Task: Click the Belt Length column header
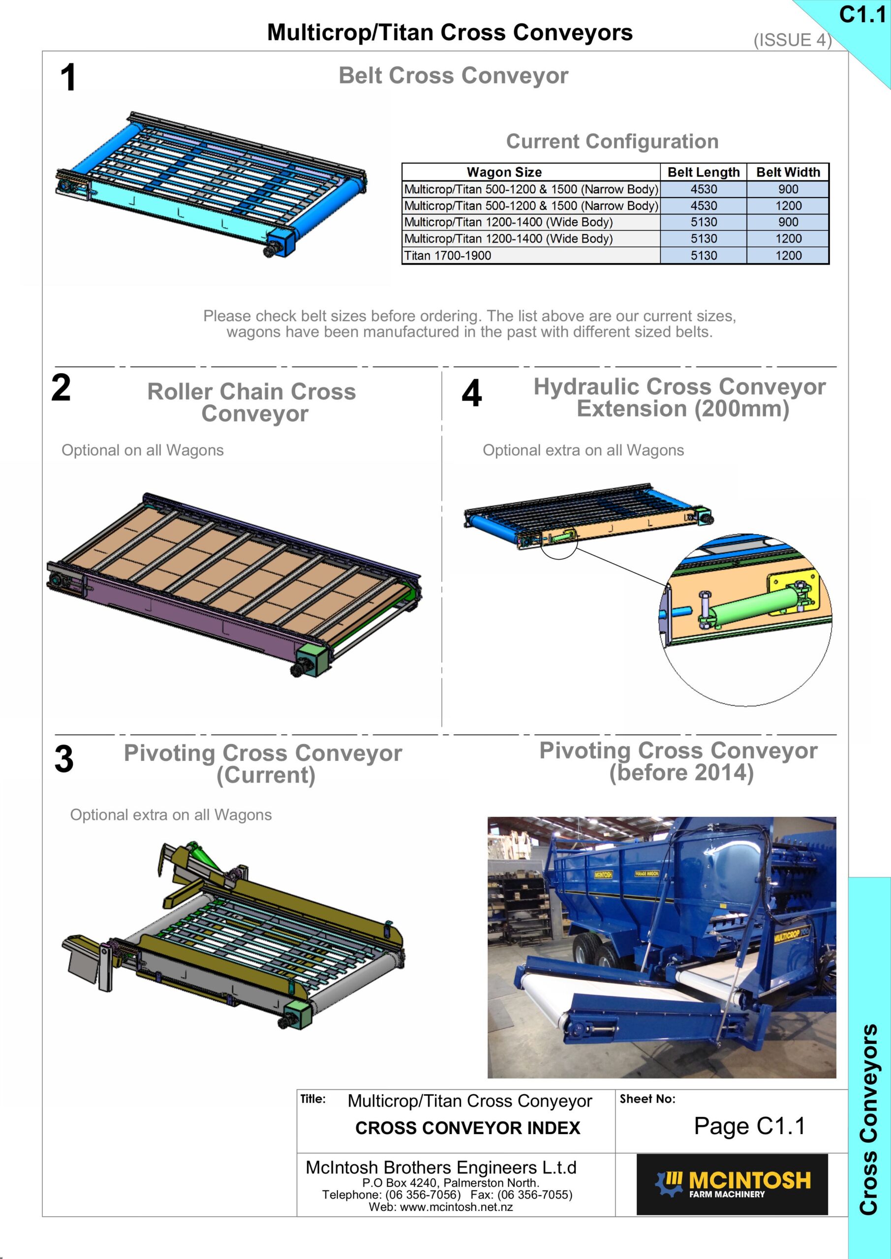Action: [704, 172]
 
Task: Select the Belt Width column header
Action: [788, 172]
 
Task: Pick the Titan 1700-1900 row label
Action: [447, 256]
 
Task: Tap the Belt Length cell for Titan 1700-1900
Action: [704, 256]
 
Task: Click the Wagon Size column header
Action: [504, 172]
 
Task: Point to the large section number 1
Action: [68, 77]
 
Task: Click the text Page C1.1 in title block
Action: [749, 1126]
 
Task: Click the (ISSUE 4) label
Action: [793, 40]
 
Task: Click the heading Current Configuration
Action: [613, 142]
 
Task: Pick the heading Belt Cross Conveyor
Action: [453, 76]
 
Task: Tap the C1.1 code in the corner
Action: [862, 15]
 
